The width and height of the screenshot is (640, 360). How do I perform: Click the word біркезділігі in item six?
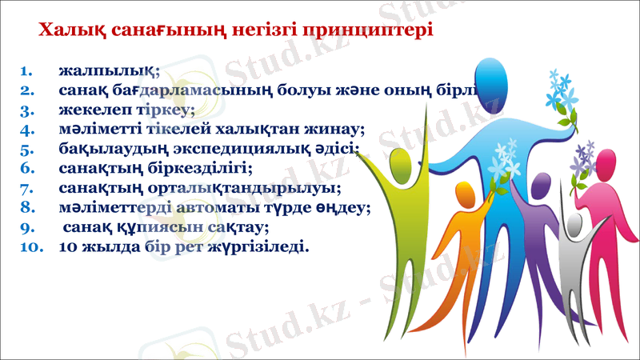[201, 168]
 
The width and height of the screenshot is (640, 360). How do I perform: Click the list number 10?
[30, 246]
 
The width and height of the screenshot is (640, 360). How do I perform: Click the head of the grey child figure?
[573, 224]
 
